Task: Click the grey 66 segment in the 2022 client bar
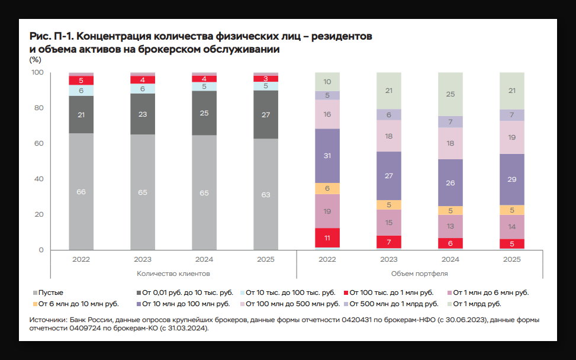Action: tap(81, 191)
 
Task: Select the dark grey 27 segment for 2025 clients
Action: tap(266, 114)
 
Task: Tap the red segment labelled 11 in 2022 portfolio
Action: tap(327, 237)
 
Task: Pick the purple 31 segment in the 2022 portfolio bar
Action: tap(327, 156)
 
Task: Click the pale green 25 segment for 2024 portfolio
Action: tap(450, 94)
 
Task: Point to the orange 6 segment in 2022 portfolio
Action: tap(327, 188)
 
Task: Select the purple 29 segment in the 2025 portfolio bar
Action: tap(512, 179)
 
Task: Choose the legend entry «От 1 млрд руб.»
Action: tap(480, 304)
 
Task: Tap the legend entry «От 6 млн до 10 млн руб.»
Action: tap(78, 304)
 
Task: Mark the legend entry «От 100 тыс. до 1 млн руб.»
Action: tap(391, 292)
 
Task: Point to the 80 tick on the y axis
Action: tap(38, 108)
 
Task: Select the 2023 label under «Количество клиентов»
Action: tap(143, 259)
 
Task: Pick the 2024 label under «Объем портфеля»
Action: tap(450, 259)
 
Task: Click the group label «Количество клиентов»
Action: tap(173, 274)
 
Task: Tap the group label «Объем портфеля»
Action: tap(420, 274)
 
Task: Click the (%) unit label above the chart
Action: tap(35, 59)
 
